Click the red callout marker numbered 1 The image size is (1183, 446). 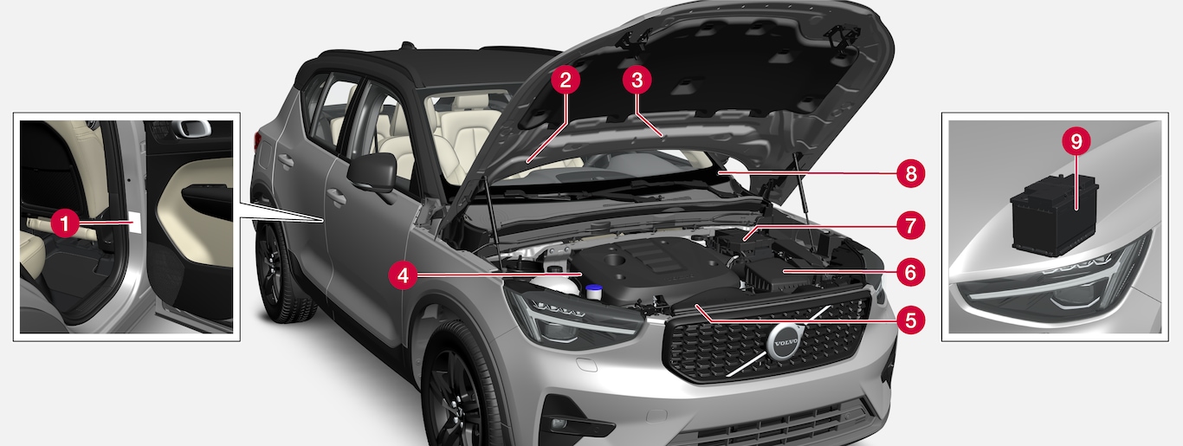tap(65, 223)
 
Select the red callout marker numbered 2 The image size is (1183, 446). tap(566, 81)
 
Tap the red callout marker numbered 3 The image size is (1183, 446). tap(637, 81)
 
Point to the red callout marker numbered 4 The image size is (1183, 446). tap(403, 275)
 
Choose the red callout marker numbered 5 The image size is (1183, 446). tap(910, 320)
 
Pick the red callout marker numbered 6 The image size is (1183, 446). tap(910, 272)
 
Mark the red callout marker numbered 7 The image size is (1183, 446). tap(910, 226)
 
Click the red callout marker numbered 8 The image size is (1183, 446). tap(910, 173)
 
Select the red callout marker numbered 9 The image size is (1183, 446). tap(1076, 141)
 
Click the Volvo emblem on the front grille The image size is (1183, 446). tap(782, 341)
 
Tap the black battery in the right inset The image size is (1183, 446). tap(1054, 216)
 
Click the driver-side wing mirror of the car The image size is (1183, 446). tap(373, 172)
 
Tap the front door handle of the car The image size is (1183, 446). tap(336, 197)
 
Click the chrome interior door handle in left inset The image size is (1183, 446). tap(191, 128)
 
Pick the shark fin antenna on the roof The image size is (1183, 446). tap(406, 45)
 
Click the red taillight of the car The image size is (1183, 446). tap(257, 141)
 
